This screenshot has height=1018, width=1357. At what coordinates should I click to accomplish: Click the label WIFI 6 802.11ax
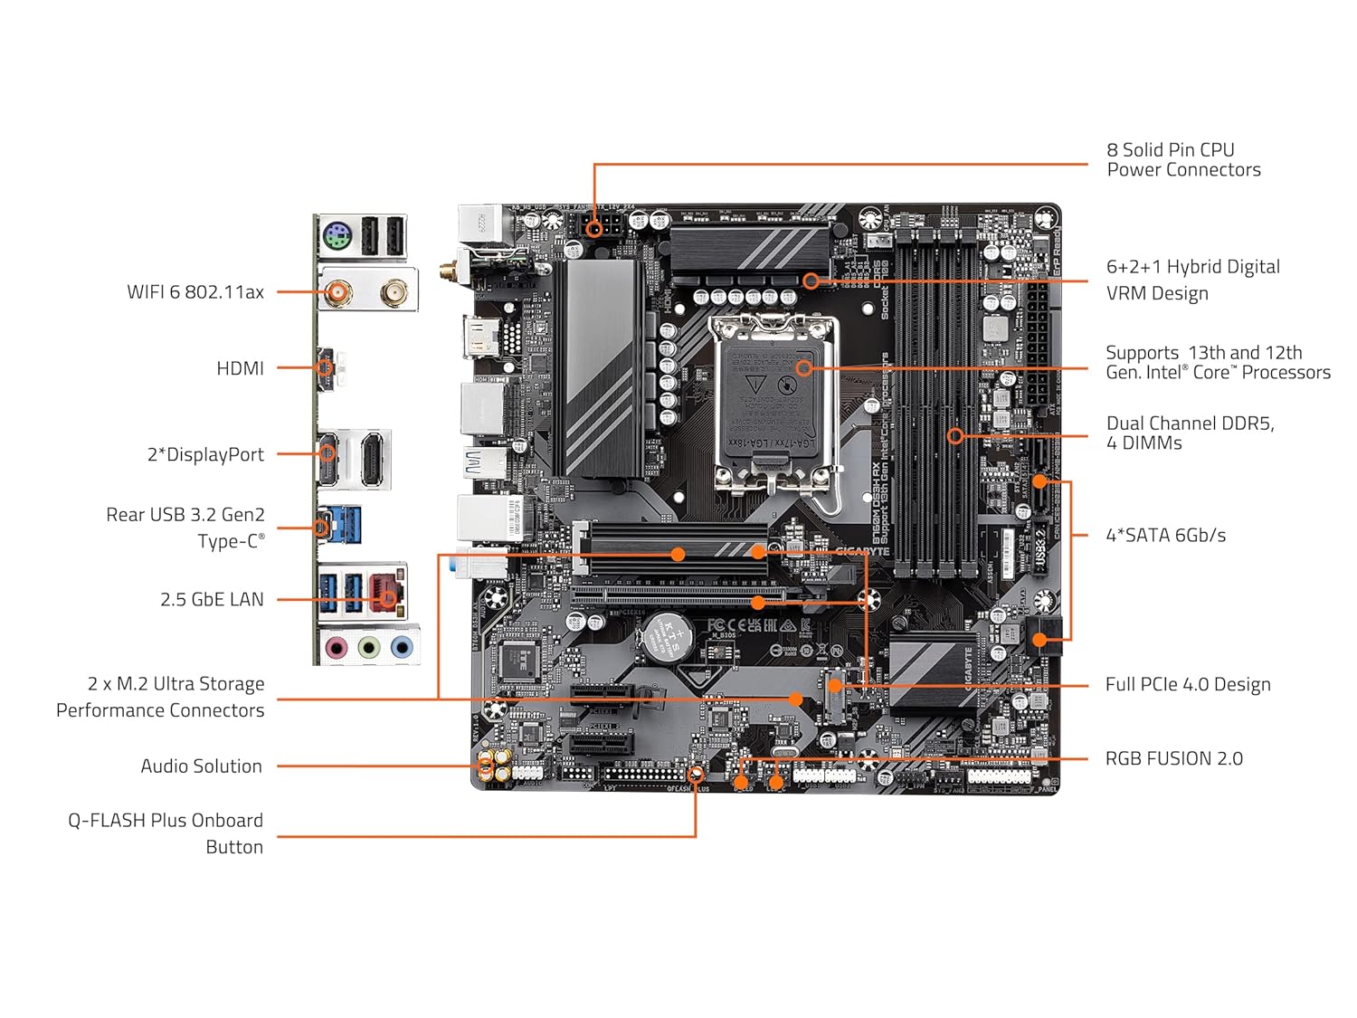pos(195,292)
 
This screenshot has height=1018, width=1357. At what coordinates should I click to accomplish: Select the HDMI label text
pos(240,368)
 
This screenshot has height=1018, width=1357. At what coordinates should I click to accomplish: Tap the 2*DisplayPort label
pos(205,454)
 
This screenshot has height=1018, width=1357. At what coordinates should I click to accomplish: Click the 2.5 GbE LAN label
pos(212,599)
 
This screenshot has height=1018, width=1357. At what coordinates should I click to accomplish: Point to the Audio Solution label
pos(201,766)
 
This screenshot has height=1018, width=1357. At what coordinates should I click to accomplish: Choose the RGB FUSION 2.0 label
pos(1173,758)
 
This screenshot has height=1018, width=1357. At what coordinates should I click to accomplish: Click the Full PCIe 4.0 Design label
pos(1187,684)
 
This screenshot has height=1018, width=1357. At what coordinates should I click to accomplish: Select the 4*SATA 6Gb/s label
pos(1165,535)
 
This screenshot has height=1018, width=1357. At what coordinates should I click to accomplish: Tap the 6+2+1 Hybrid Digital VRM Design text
pos(1192,280)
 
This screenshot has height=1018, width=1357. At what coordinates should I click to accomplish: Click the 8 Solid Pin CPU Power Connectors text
pos(1182,159)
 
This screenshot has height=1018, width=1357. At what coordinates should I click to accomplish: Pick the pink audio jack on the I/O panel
pos(337,647)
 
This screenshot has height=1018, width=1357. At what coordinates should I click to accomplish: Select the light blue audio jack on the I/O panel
pos(402,647)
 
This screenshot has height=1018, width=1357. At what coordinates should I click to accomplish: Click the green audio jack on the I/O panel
pos(369,647)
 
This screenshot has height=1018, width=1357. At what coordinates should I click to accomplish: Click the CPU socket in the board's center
pos(776,403)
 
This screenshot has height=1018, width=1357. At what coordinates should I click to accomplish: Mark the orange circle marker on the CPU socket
pos(803,368)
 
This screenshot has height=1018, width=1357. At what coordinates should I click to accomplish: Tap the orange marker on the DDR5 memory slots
pos(954,436)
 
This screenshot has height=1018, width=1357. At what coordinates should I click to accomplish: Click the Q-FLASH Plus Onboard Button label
pos(166,833)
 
